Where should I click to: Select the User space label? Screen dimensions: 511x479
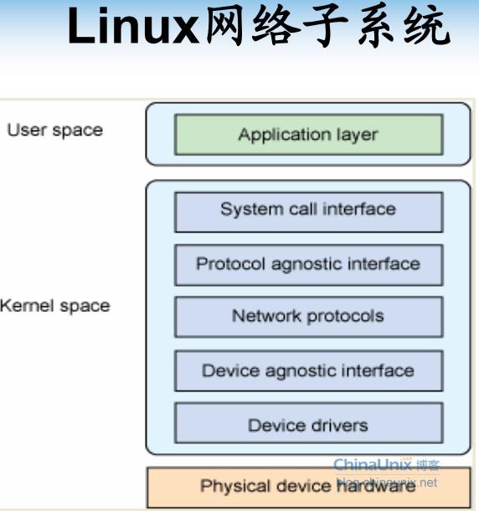pos(54,130)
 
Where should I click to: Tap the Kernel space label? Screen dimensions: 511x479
pos(54,306)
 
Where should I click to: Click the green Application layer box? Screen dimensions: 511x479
pos(308,135)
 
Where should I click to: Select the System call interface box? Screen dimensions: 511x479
pos(308,210)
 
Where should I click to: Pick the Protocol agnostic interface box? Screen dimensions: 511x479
pos(308,264)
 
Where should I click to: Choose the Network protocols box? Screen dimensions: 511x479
pos(308,317)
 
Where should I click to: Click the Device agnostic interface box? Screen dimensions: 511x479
pos(308,370)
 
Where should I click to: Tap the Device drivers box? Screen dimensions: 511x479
pos(308,425)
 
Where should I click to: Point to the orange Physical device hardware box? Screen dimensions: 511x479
pos(308,486)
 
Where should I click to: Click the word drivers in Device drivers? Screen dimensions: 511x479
pos(339,425)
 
